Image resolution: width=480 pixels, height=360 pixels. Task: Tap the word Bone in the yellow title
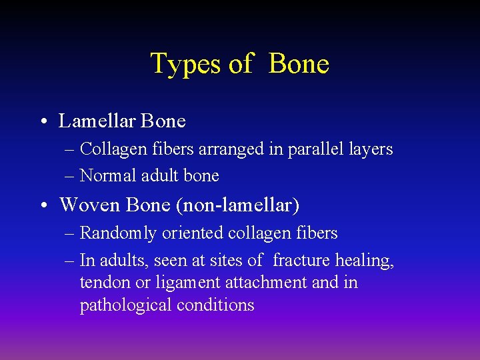299,64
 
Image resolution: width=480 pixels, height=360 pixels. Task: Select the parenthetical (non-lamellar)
237,205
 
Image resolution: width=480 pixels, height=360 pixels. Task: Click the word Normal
105,175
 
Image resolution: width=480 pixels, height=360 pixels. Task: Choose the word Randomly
116,233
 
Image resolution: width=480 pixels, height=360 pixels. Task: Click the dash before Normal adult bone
70,176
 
